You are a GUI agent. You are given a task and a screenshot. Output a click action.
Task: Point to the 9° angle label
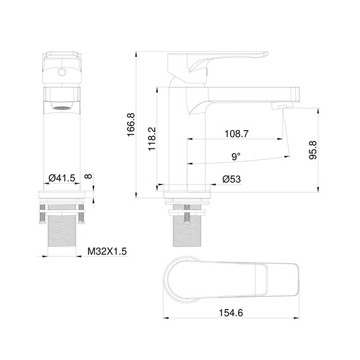(236, 156)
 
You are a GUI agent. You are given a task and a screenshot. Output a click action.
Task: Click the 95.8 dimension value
(312, 151)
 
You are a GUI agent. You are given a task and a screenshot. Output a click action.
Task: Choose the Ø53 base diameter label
(231, 179)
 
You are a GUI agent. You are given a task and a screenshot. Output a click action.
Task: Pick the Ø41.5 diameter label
(62, 179)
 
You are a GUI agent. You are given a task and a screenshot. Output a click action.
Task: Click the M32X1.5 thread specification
(106, 251)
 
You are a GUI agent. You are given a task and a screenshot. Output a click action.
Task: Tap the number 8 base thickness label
(88, 179)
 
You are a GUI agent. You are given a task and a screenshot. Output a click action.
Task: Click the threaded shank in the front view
(62, 231)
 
